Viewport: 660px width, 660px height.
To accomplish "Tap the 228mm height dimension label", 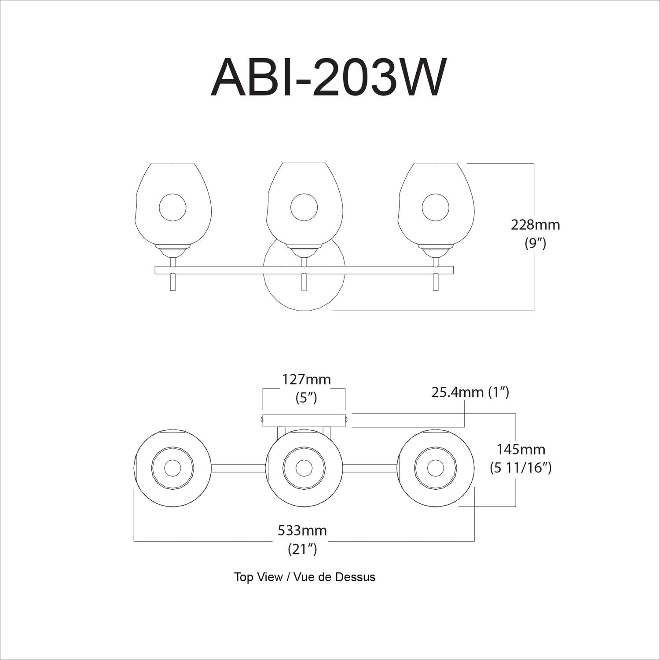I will point(535,225).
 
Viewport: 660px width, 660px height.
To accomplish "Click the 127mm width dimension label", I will point(306,379).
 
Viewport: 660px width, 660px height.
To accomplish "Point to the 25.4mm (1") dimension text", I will point(470,392).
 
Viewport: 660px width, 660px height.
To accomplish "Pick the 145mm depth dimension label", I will point(521,449).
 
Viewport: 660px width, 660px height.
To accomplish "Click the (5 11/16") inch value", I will point(521,468).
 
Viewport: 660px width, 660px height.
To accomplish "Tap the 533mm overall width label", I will point(302,530).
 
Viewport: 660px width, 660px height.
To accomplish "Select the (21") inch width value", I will point(302,549).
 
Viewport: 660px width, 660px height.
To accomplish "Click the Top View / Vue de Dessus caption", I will point(304,577).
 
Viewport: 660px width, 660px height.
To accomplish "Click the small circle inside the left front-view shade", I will point(172,207).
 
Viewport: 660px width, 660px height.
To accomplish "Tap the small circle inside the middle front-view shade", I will point(304,207).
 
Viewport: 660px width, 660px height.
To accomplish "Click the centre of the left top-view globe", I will point(172,467).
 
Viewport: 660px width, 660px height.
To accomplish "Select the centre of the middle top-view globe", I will point(304,467).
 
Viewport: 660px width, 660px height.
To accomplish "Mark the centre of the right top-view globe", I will point(435,467).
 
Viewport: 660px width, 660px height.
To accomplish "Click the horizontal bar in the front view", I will point(220,270).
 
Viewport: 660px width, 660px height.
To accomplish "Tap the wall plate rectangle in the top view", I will point(304,420).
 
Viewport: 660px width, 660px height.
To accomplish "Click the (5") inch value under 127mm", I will point(306,398).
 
